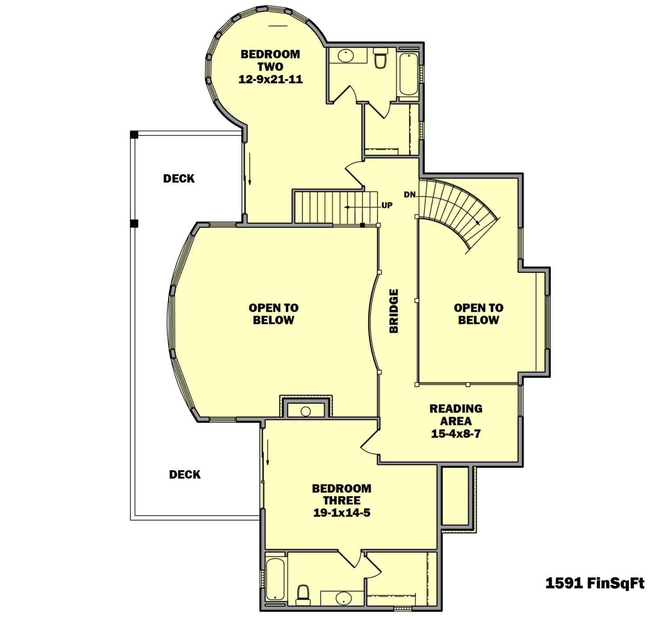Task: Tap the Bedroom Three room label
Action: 342,494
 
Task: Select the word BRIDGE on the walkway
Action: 394,311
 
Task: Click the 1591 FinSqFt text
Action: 595,583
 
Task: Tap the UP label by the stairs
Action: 387,206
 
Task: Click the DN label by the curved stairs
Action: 410,195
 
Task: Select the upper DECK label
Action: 179,179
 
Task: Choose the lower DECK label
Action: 185,475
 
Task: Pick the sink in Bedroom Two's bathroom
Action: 344,56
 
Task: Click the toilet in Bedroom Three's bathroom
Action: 303,592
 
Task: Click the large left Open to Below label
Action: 273,314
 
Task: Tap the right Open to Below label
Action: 478,314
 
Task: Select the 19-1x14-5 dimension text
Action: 342,513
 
